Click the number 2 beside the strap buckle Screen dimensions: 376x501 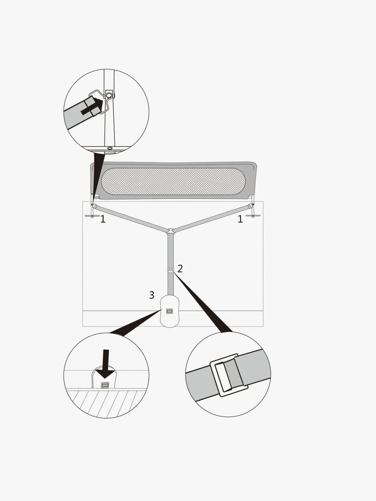click(180, 269)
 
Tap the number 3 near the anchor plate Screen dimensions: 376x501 click(152, 295)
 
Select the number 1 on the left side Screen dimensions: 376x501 click(103, 219)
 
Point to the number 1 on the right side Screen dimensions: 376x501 click(240, 219)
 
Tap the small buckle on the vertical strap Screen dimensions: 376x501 click(170, 270)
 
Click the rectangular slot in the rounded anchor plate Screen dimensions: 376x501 click(170, 311)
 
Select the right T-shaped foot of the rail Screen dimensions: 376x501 click(253, 215)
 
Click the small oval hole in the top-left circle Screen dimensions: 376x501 click(110, 148)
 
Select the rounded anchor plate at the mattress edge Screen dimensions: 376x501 click(170, 312)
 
